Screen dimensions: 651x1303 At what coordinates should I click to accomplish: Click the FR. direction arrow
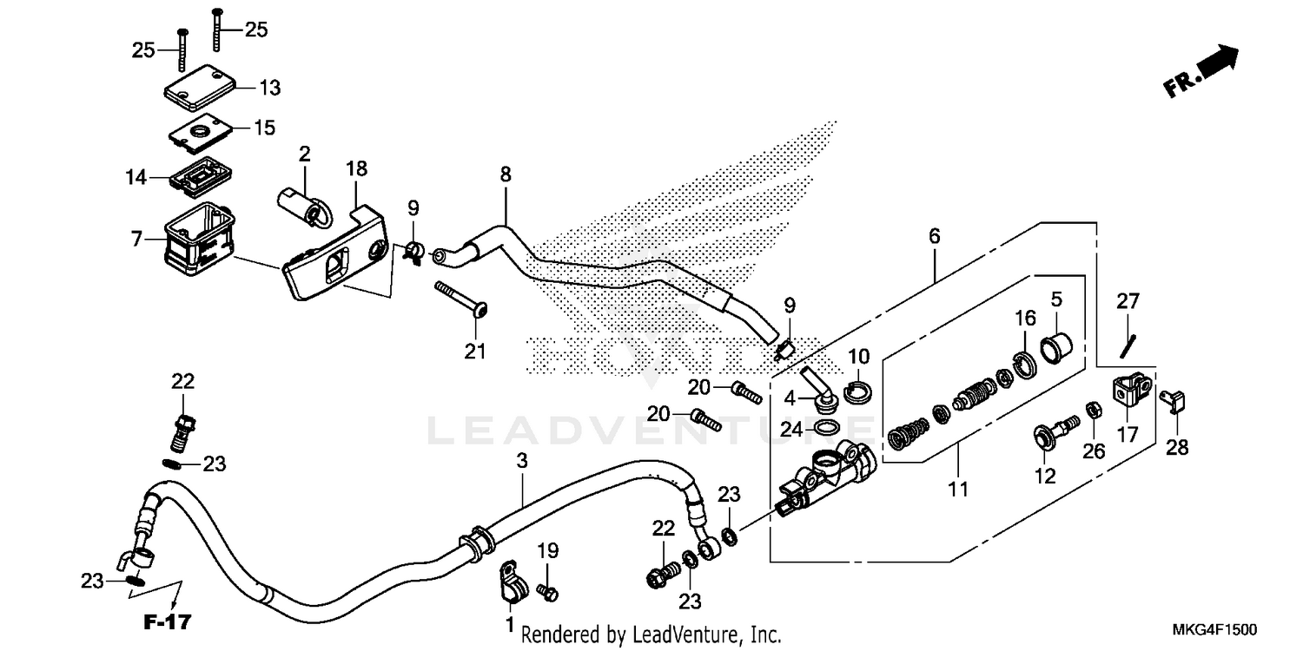pos(1203,74)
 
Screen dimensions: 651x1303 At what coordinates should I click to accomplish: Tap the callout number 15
pos(264,128)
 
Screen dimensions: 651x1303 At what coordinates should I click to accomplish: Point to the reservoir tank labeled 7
pos(196,231)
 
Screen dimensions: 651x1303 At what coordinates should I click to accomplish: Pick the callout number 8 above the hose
pos(506,174)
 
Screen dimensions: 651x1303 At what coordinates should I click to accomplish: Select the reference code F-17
pos(168,621)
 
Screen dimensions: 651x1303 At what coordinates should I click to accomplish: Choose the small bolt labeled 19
pos(548,592)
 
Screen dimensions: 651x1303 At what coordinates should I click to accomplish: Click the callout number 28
pos(1177,447)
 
